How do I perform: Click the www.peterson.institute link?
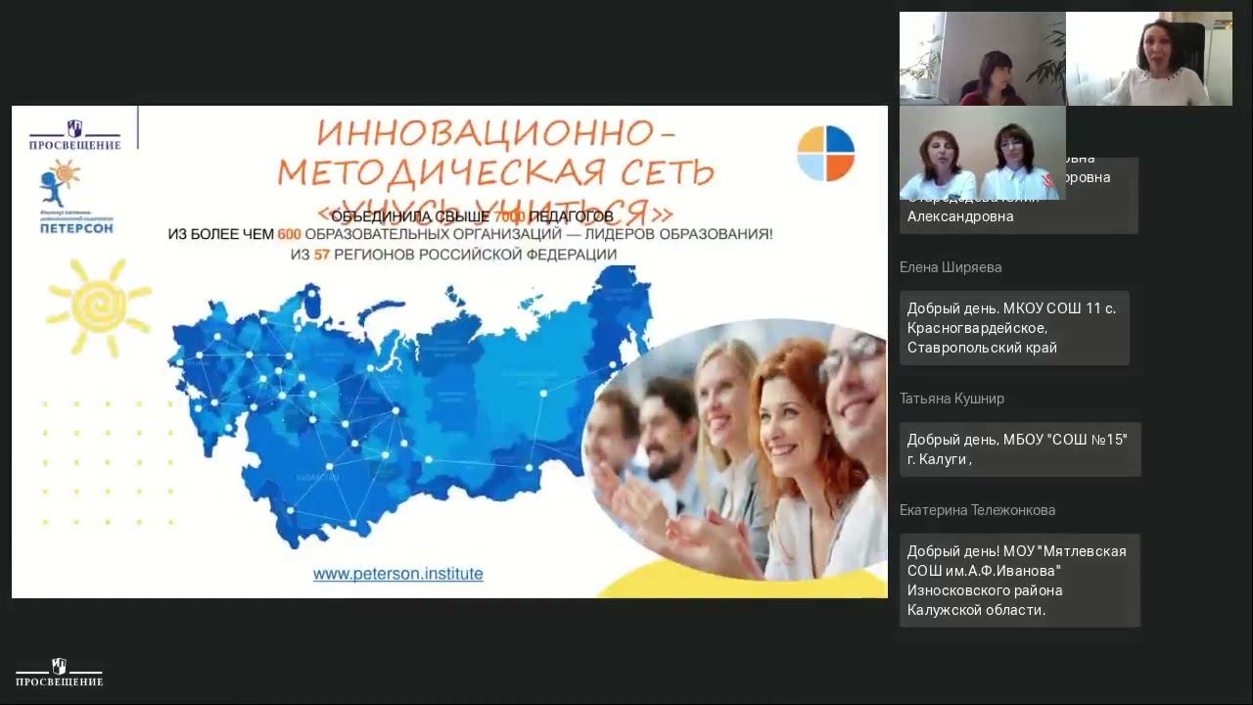click(x=397, y=574)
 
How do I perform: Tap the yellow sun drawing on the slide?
click(x=98, y=306)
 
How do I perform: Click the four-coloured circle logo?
click(x=825, y=154)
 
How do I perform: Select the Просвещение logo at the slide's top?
click(x=74, y=135)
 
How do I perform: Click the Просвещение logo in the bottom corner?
click(x=59, y=674)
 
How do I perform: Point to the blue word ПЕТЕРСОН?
click(x=76, y=227)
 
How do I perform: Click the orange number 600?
click(x=289, y=235)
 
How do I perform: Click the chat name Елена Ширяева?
click(x=950, y=267)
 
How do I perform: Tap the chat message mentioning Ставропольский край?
click(x=1013, y=328)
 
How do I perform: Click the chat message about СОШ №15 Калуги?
click(x=1018, y=449)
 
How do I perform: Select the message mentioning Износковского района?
click(x=1018, y=581)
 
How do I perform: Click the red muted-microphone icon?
click(x=1048, y=181)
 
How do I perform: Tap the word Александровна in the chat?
click(x=959, y=217)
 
